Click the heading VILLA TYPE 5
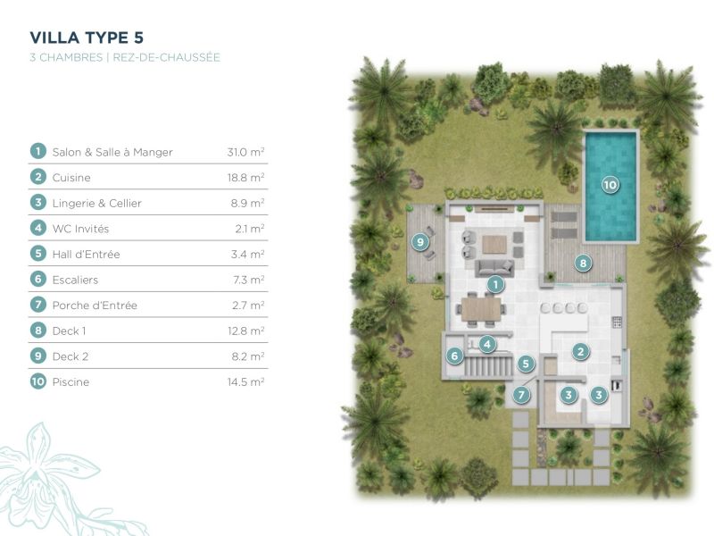coord(87,38)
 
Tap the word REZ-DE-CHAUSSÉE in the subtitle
coord(166,57)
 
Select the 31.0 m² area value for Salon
coord(246,152)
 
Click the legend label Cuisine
coord(71,177)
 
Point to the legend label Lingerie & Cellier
coord(97,204)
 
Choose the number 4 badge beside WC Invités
coord(38,228)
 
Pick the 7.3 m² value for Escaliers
coord(249,280)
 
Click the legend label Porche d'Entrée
coord(95,306)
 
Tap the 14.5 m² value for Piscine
coord(246,381)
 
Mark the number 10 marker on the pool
coord(610,185)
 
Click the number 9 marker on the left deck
coord(419,241)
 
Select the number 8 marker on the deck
coord(583,263)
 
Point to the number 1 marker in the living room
coord(495,285)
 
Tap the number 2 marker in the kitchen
coord(580,351)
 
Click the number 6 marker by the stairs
coord(454,356)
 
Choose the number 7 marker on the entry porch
coord(522,394)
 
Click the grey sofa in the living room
coord(494,268)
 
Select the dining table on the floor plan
coord(481,309)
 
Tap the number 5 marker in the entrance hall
coord(526,364)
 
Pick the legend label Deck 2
coord(71,356)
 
